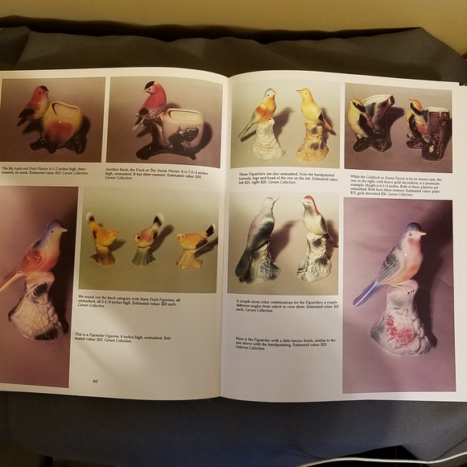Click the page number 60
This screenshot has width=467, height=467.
pos(95,381)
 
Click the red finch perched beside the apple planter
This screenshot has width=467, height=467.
pos(35,105)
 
